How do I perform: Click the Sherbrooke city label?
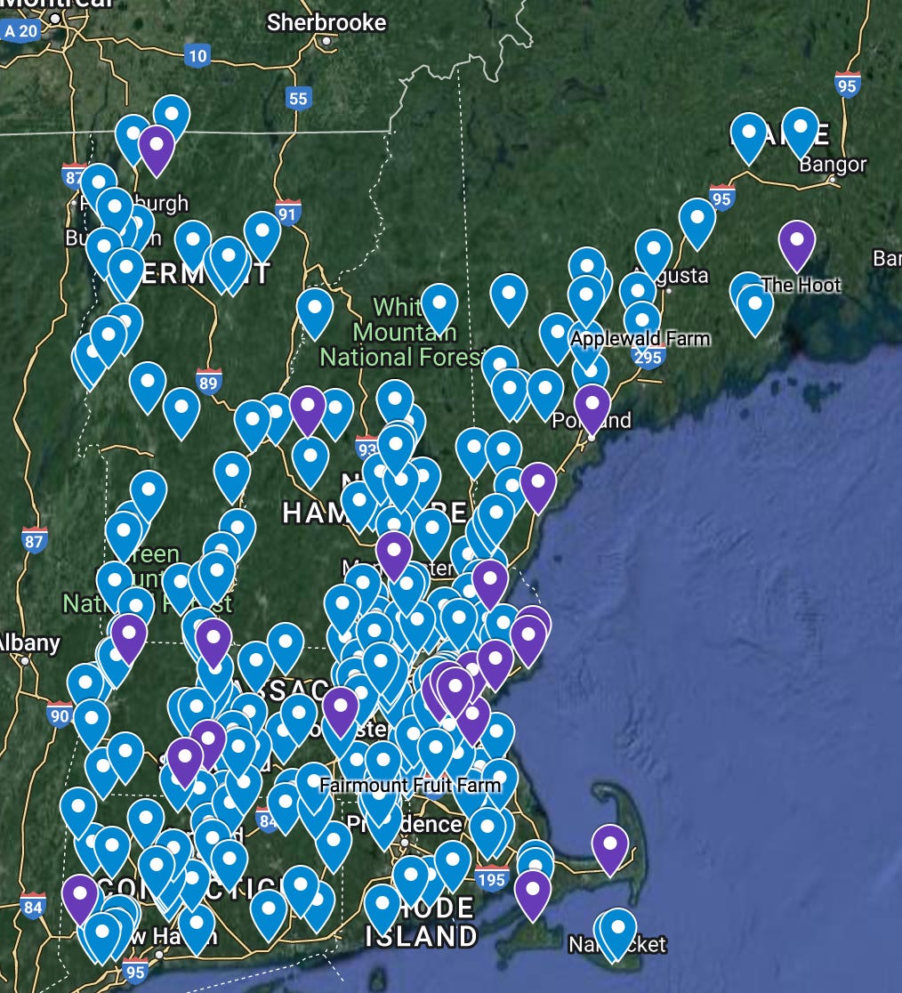tap(326, 22)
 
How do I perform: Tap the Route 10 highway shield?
tap(197, 57)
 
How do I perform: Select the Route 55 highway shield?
tap(298, 99)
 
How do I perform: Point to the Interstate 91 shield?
tap(287, 214)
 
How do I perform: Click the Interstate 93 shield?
tap(366, 445)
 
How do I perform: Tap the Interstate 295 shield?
tap(648, 356)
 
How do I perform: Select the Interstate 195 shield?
tap(491, 880)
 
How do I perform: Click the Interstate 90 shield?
tap(60, 714)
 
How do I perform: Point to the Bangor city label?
tap(833, 165)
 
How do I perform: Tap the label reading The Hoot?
tap(801, 285)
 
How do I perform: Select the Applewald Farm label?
tap(640, 339)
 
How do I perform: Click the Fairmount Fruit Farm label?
tap(410, 786)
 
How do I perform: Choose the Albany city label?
tap(29, 642)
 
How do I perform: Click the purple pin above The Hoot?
tap(797, 243)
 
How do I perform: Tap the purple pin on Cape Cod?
tap(610, 846)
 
